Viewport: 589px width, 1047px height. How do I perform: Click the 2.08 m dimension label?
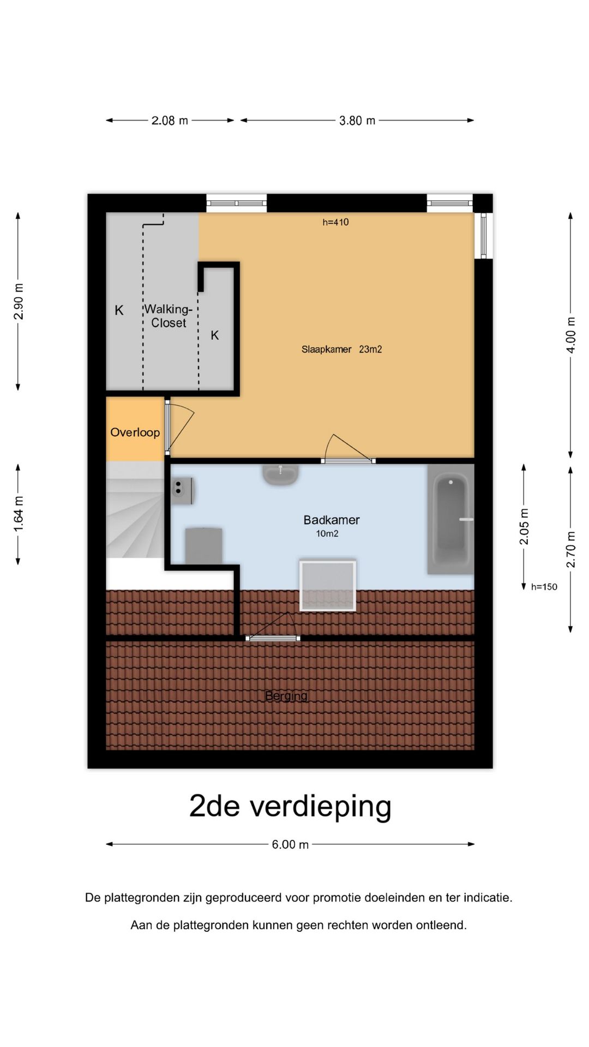(170, 121)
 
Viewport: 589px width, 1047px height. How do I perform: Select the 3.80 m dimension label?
(357, 121)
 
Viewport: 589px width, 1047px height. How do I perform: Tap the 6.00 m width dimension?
(290, 845)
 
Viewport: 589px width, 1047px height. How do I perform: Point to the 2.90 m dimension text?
(19, 302)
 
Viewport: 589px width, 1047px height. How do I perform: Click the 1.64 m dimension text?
(19, 514)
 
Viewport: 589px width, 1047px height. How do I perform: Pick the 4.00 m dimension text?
(570, 335)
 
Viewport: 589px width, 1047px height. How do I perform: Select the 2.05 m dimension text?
(524, 526)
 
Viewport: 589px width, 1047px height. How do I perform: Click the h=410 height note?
(335, 222)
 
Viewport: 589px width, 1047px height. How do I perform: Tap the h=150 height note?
(544, 587)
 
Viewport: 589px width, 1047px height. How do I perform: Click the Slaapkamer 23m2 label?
(341, 350)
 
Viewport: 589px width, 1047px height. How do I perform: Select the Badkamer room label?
(332, 520)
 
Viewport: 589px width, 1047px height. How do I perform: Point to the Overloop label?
(135, 432)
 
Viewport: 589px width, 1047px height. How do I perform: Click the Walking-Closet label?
(169, 316)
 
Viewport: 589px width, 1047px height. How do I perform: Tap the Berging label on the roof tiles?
(286, 696)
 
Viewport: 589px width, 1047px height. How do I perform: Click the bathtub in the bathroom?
(451, 520)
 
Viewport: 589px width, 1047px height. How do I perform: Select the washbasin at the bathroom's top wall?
(281, 474)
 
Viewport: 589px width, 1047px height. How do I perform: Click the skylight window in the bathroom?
(327, 585)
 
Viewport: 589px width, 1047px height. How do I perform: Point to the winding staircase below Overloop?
(134, 510)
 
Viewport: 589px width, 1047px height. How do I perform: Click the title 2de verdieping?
(290, 806)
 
